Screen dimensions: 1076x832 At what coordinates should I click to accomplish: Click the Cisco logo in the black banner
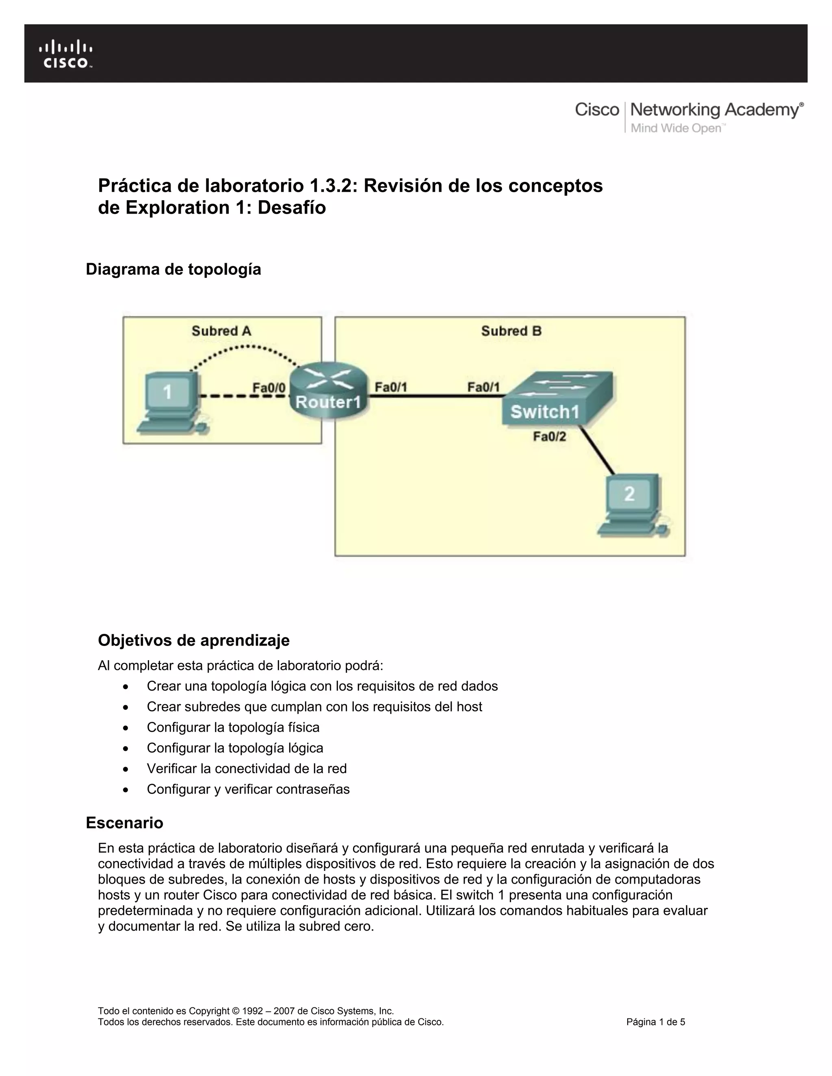(x=65, y=54)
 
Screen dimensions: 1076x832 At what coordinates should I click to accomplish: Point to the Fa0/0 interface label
(x=269, y=388)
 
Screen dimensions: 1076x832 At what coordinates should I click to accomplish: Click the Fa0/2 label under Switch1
(x=549, y=436)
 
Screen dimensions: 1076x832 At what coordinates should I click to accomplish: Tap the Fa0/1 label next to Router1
(x=391, y=387)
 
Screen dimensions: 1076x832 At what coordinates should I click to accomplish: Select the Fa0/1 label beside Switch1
(x=483, y=387)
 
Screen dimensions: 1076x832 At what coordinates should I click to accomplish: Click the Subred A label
(x=221, y=331)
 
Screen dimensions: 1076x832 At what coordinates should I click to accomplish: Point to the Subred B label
(x=511, y=331)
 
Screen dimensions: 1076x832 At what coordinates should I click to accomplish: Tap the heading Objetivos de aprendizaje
(x=194, y=640)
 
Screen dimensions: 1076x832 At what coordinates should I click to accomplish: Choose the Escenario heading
(x=125, y=822)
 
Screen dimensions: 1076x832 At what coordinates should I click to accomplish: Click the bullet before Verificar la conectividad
(x=127, y=769)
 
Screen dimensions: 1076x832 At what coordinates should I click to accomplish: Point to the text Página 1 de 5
(x=656, y=1022)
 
